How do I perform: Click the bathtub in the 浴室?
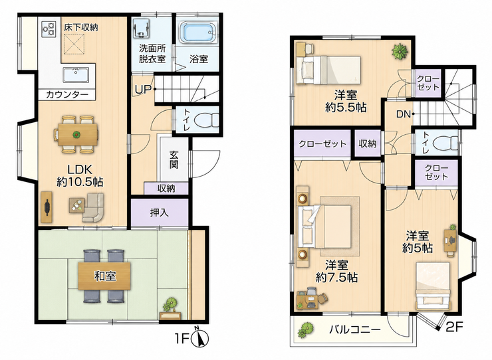pos(199,33)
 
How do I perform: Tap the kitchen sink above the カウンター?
pos(76,75)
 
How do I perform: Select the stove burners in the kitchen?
pos(49,29)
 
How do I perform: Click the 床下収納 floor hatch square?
pos(74,45)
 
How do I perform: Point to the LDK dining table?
pos(76,135)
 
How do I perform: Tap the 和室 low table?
pos(104,276)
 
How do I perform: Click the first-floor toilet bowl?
pos(207,120)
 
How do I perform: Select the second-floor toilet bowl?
pos(445,144)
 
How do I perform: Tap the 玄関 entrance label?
pos(174,159)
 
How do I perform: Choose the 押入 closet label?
pos(160,213)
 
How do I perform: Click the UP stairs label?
pos(143,90)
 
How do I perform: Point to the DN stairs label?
pos(404,114)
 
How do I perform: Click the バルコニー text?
pos(355,329)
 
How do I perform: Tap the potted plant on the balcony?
pos(306,330)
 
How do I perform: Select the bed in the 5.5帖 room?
pos(328,70)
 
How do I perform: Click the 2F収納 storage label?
pos(368,143)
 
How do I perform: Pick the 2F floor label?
pos(455,327)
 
